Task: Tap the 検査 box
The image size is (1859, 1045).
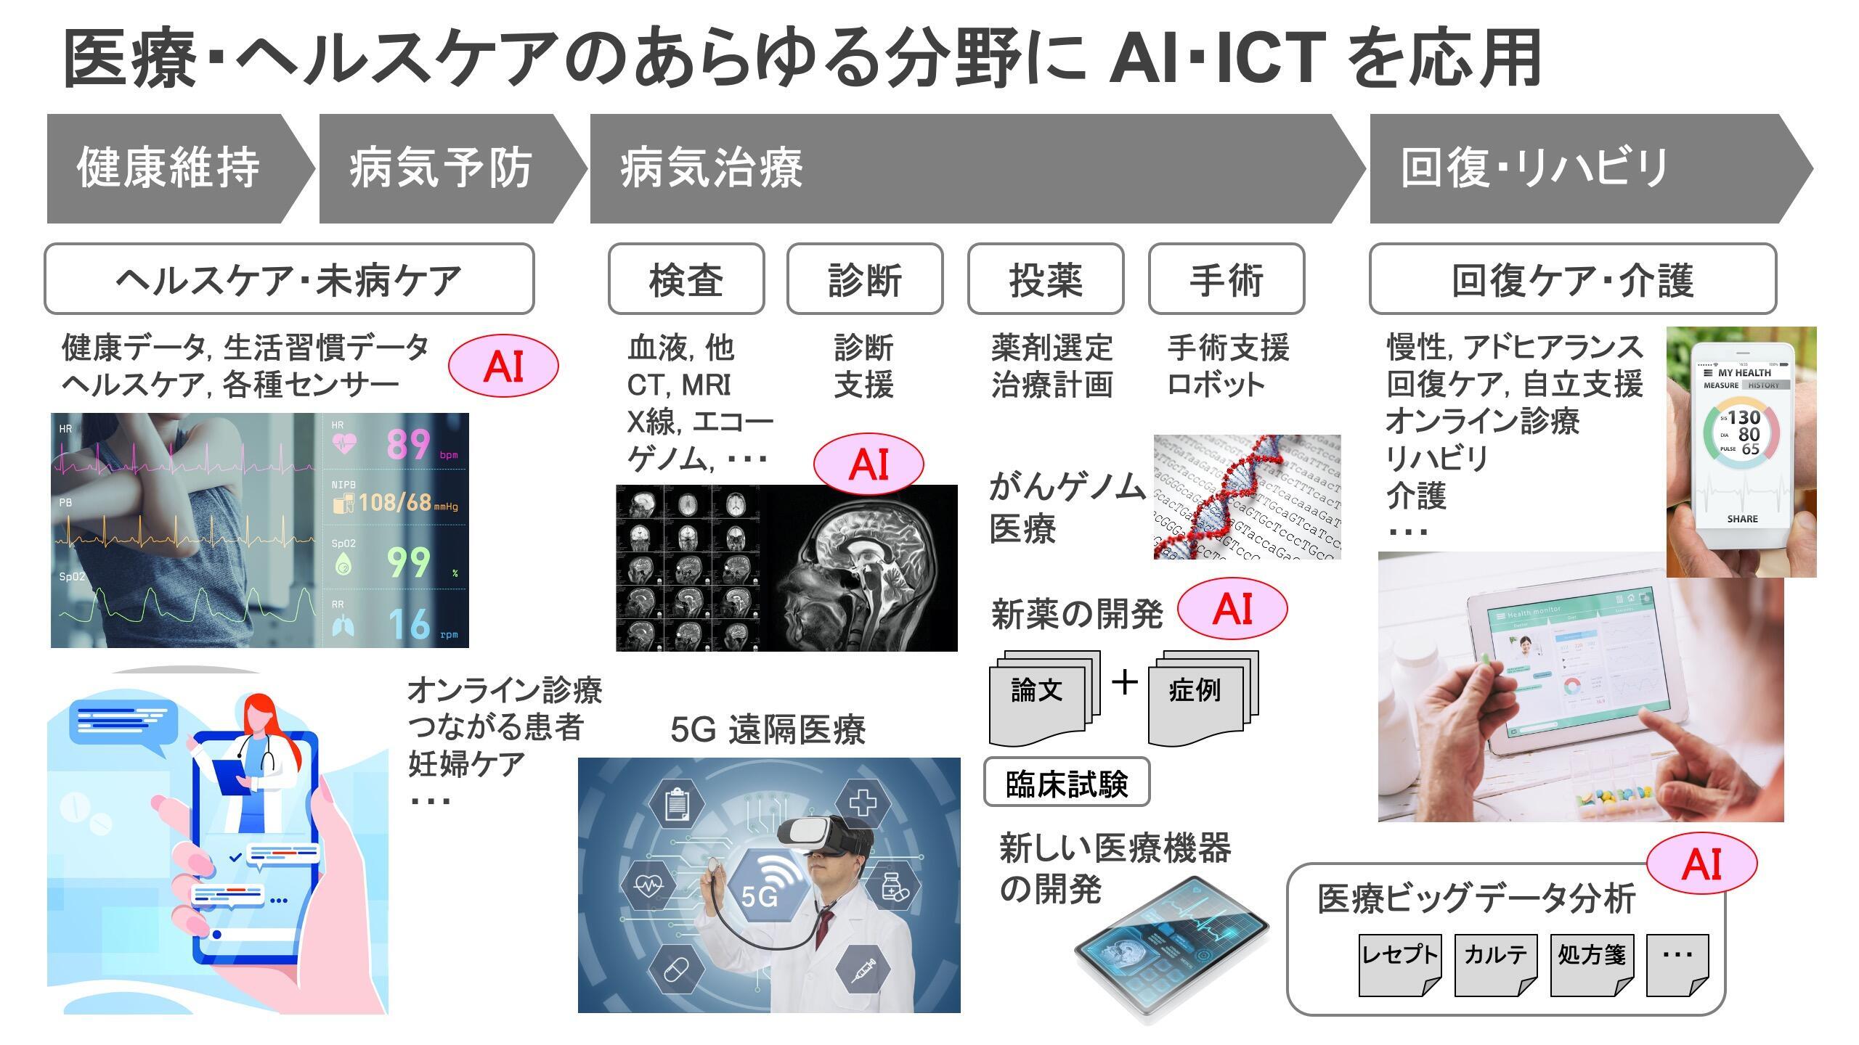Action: click(686, 279)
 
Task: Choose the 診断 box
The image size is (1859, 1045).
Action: click(865, 279)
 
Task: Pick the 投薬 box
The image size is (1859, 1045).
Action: click(1046, 279)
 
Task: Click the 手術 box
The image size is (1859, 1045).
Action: click(1227, 279)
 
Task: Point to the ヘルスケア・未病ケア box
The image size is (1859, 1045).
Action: click(289, 279)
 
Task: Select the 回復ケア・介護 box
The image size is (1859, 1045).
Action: click(1573, 279)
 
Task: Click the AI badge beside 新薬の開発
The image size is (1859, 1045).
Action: click(1232, 609)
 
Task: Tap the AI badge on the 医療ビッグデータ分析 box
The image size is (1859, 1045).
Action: click(1701, 864)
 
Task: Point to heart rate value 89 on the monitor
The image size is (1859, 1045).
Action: click(408, 444)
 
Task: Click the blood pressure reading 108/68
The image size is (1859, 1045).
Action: click(395, 502)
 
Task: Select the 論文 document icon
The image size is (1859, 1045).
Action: click(1038, 698)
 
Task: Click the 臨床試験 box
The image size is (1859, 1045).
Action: click(1067, 782)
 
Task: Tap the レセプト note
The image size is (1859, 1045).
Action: click(1399, 962)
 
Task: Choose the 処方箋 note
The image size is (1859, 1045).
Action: click(1592, 962)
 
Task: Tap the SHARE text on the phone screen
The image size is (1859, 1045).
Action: click(1743, 519)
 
